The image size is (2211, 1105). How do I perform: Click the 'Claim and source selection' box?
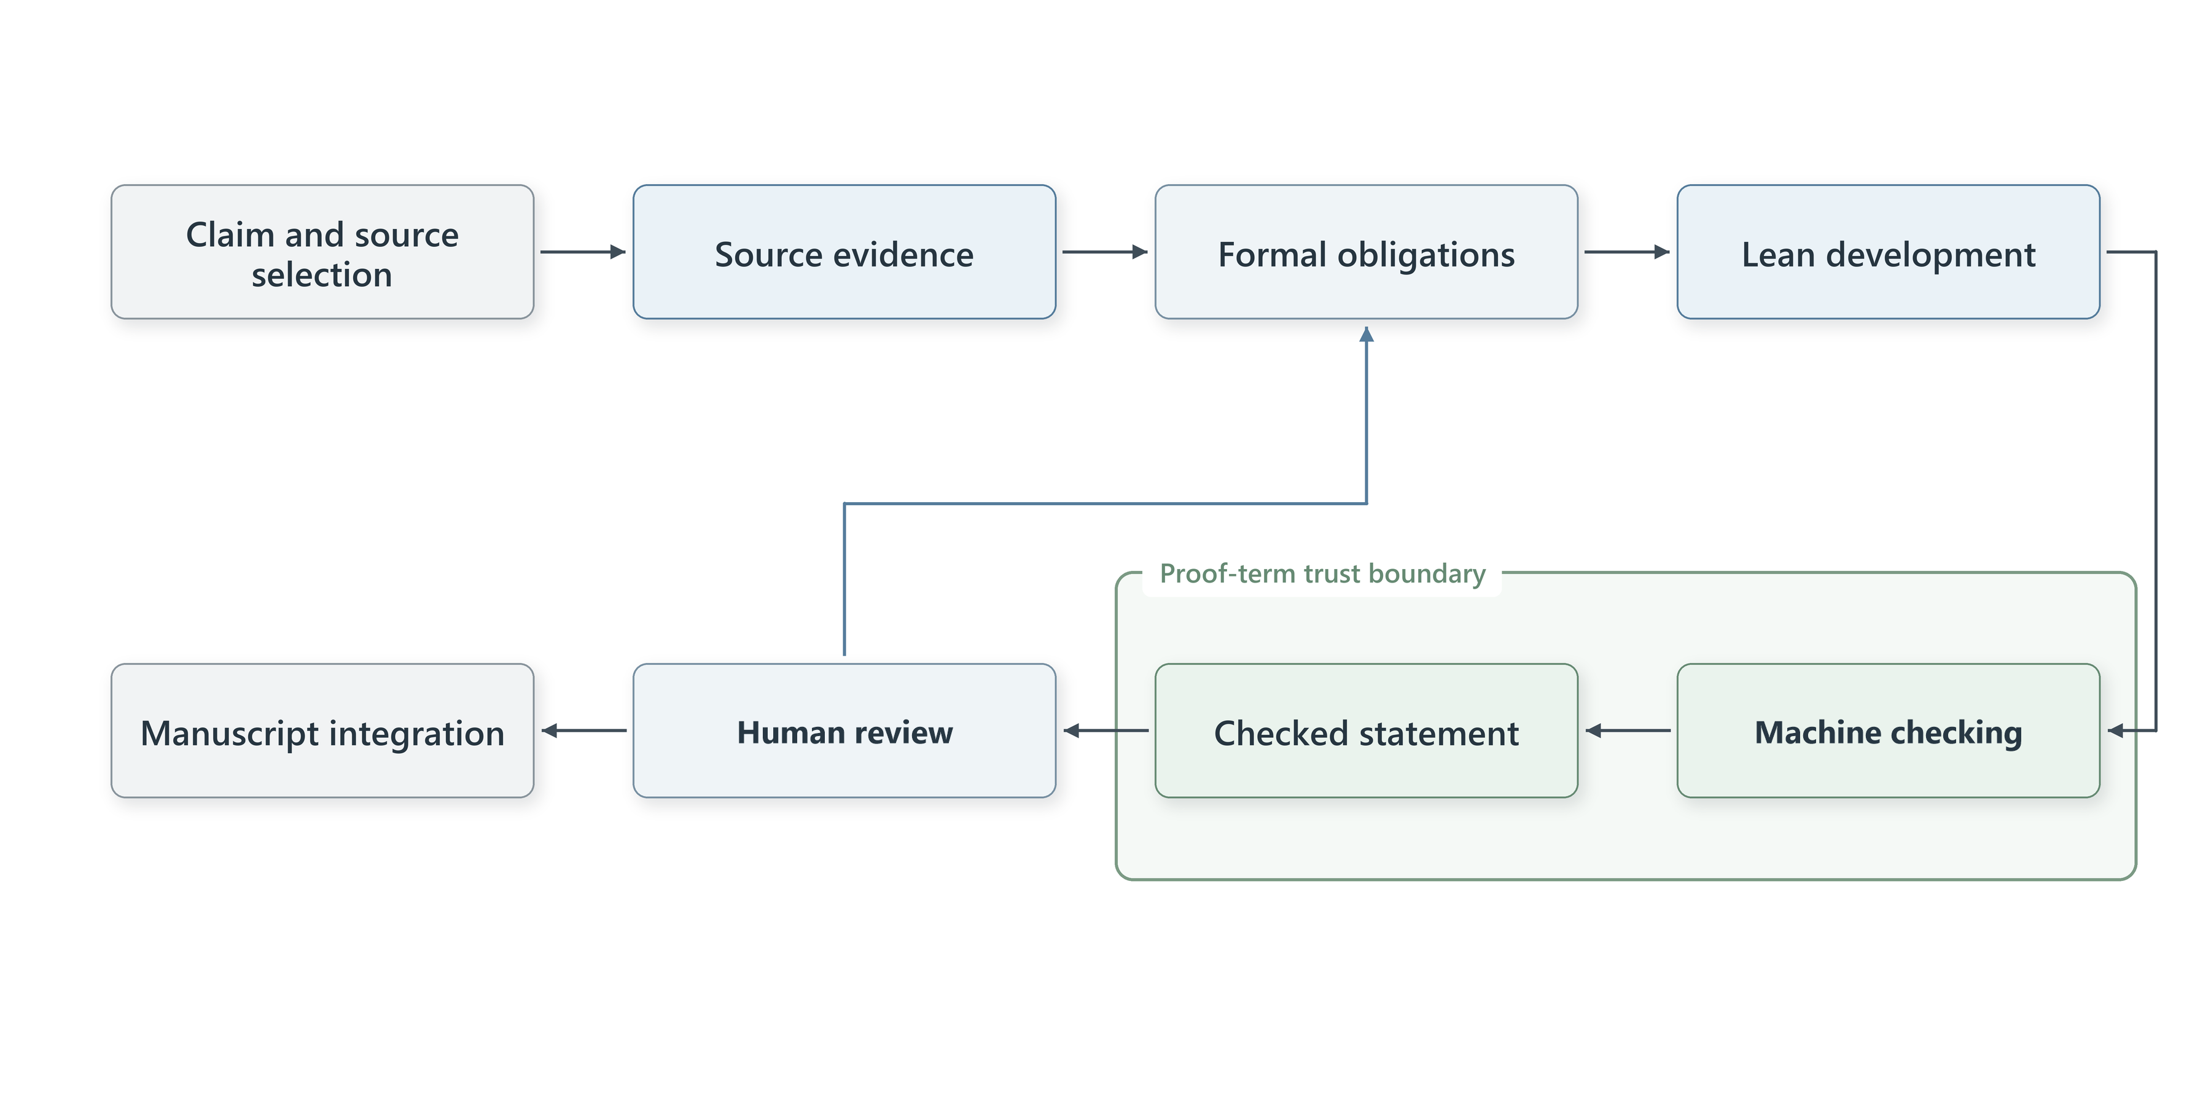[x=322, y=252]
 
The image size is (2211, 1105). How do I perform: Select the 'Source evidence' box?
[x=844, y=252]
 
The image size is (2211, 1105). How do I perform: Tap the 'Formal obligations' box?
[x=1367, y=252]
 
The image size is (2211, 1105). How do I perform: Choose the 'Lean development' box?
[x=1889, y=252]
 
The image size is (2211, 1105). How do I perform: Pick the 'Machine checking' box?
[x=1889, y=731]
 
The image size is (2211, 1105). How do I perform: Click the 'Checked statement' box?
[x=1367, y=731]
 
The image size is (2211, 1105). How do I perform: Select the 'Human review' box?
[x=844, y=731]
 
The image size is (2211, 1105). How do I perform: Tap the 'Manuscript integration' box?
[x=322, y=731]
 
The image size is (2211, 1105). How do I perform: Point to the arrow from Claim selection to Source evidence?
[x=583, y=252]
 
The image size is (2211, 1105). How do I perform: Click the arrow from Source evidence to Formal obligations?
[x=1105, y=252]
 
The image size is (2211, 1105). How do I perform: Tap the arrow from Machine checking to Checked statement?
[x=1628, y=731]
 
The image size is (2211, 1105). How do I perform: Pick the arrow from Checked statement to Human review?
[x=1105, y=731]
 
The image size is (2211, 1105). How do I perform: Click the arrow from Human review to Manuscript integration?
[x=583, y=731]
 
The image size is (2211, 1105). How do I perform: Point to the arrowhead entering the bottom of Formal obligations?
[x=1367, y=334]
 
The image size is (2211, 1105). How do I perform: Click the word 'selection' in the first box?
[x=322, y=274]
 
